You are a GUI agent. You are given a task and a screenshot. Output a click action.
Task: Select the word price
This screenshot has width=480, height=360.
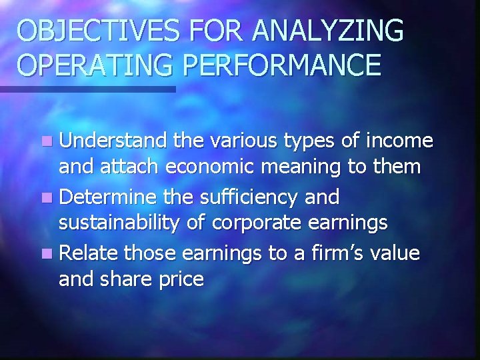[x=179, y=279]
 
